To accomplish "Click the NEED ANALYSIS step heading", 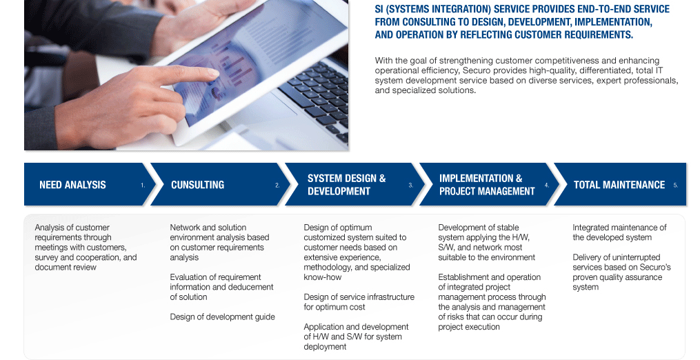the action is click(73, 185).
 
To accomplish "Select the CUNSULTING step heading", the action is click(198, 185).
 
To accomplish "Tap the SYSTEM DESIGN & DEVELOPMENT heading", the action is click(346, 185).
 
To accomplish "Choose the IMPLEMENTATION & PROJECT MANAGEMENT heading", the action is click(487, 185).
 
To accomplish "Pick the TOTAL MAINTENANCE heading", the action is click(619, 185).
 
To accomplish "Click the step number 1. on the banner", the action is click(143, 186).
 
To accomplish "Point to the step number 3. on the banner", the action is click(411, 186).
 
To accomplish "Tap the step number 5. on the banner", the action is click(675, 186).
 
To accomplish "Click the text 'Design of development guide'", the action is click(222, 317).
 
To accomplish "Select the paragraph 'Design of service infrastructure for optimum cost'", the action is click(359, 302).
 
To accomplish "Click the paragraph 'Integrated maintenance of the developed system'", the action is click(619, 232).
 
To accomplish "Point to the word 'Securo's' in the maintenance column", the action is click(655, 267).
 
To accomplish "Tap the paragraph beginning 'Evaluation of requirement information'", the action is click(221, 287).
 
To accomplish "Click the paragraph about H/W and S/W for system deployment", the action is click(357, 337).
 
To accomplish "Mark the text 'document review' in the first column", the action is click(66, 267).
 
